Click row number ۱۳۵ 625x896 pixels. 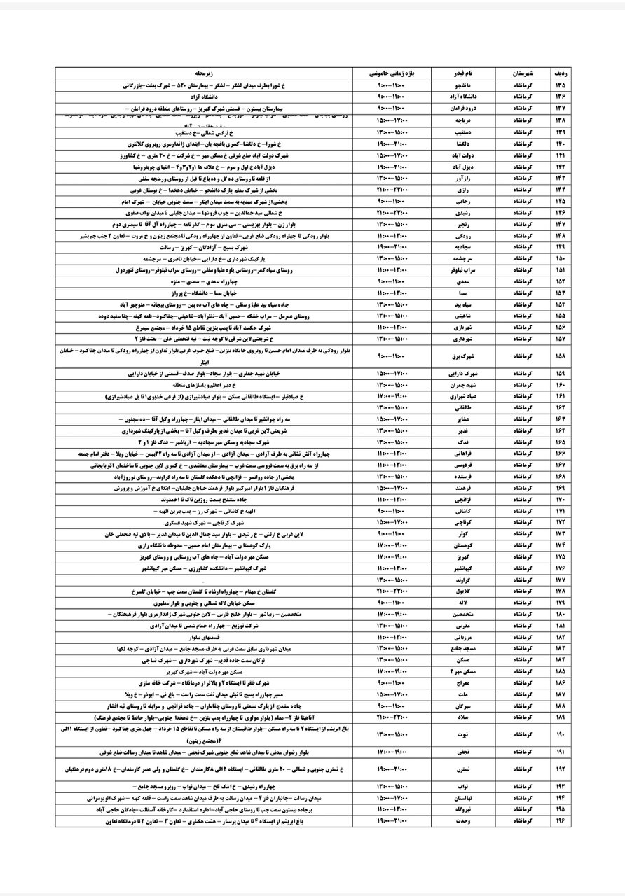tap(559, 85)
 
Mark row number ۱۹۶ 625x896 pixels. tap(559, 820)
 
